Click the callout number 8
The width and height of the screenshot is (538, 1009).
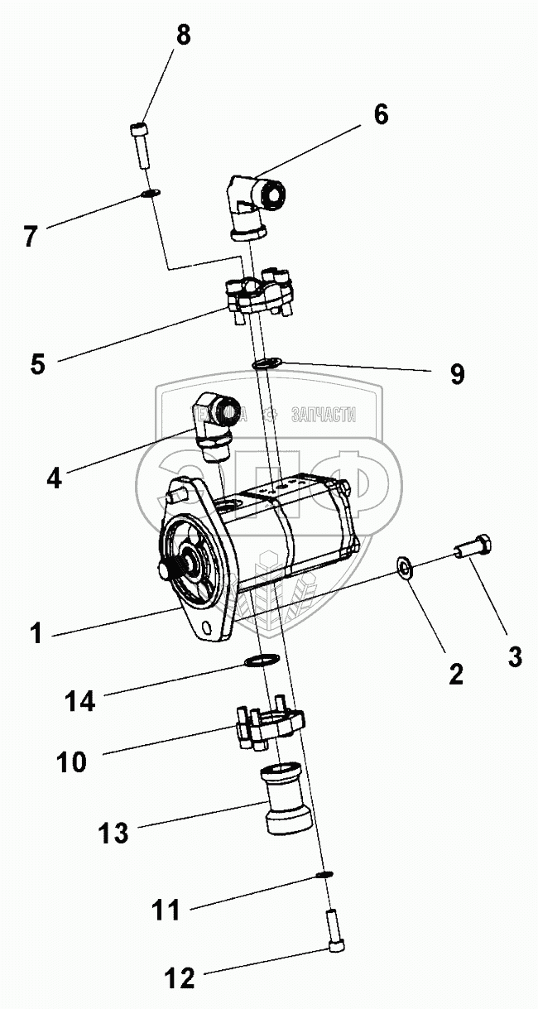[x=183, y=36]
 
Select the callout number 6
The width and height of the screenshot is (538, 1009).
[x=380, y=114]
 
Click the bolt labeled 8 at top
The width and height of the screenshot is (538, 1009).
[x=141, y=147]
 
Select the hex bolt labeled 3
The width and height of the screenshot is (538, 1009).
[x=473, y=549]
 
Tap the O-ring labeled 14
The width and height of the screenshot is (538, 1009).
[x=261, y=661]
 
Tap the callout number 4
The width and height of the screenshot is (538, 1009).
[x=54, y=478]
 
